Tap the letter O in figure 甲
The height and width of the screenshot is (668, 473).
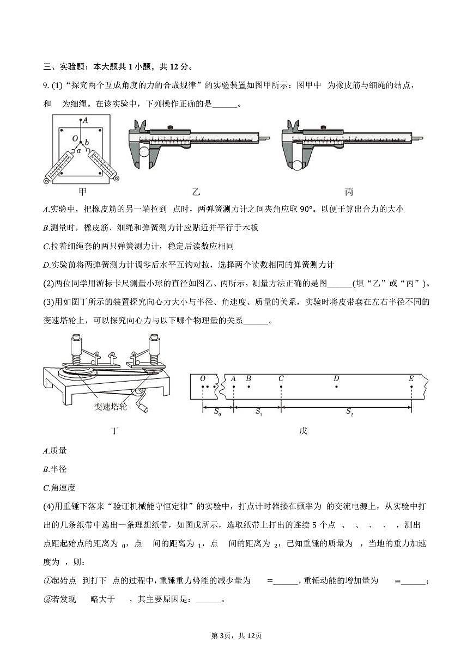(x=75, y=139)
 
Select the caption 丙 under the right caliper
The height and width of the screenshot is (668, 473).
(x=349, y=192)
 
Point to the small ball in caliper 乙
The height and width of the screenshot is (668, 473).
(x=145, y=152)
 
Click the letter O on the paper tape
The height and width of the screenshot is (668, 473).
(x=203, y=378)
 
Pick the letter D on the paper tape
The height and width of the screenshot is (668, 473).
(x=336, y=378)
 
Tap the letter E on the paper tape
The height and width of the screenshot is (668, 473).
(x=411, y=378)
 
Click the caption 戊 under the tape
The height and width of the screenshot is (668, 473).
(x=304, y=431)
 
